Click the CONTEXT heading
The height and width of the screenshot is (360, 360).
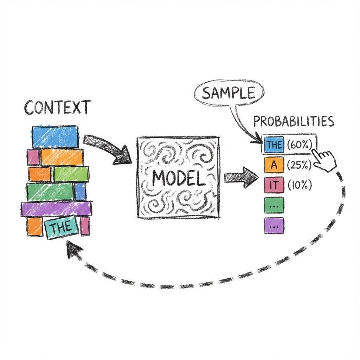point(58,108)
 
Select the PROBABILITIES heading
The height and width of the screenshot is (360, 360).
point(293,122)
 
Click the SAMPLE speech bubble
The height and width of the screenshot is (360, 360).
point(228,92)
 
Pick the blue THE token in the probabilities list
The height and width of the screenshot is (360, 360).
point(274,144)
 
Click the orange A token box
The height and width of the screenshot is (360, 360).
point(274,165)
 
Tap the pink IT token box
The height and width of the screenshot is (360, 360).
point(274,185)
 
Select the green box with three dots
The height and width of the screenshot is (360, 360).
point(274,206)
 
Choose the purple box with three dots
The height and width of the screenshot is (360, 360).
point(274,226)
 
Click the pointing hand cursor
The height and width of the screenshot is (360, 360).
point(325,160)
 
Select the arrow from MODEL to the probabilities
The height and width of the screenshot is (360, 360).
point(239,176)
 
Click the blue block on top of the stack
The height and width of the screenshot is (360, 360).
point(55,136)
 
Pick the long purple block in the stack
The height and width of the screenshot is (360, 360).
point(56,209)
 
